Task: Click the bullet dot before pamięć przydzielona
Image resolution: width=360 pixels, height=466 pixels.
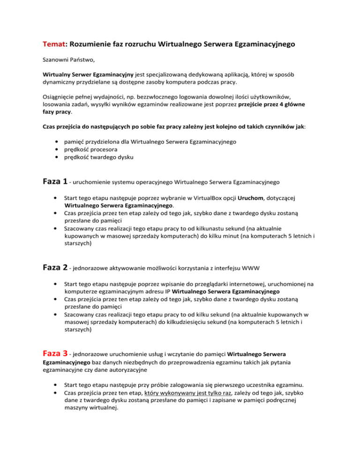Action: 57,142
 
